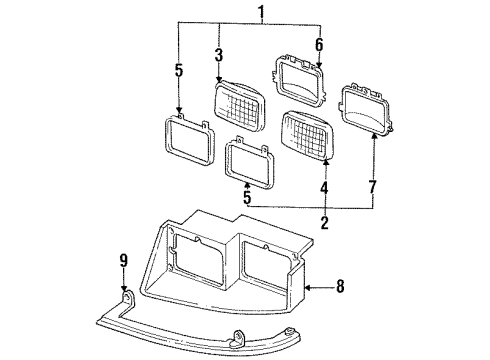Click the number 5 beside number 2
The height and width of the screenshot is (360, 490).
click(246, 199)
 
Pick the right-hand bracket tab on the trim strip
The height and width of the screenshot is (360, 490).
click(240, 335)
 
